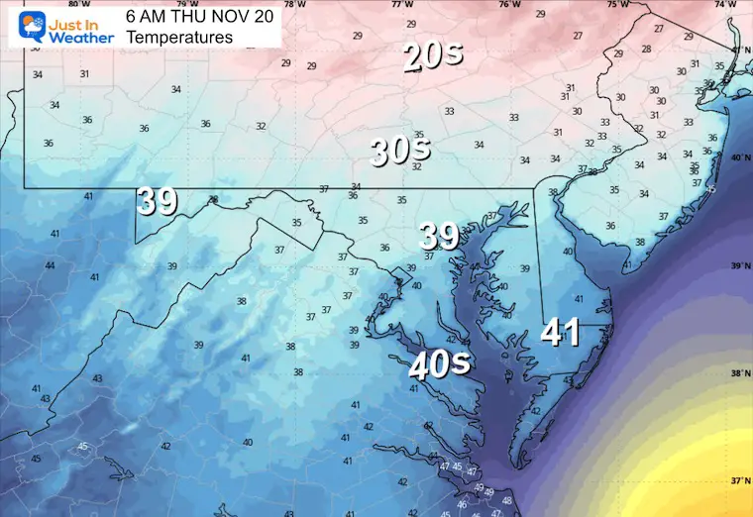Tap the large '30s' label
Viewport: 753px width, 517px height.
tap(400, 151)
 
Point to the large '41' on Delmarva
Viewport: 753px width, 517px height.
tap(560, 333)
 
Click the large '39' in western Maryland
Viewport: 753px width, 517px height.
tap(157, 201)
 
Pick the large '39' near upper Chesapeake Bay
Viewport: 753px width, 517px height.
tap(439, 236)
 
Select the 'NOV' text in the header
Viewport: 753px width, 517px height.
tap(229, 15)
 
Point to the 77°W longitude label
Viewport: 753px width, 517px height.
tap(402, 5)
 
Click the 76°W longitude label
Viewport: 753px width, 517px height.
tap(509, 5)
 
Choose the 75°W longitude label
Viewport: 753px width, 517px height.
tap(617, 5)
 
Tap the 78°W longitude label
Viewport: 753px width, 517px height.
tap(294, 5)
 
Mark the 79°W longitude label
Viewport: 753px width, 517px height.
tap(187, 5)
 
